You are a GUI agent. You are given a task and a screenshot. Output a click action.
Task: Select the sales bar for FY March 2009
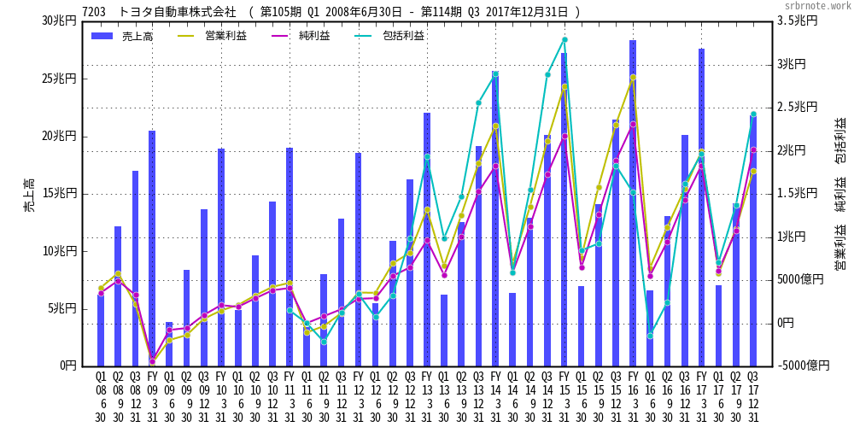pos(152,248)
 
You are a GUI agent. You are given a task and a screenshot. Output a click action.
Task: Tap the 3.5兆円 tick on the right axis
pos(797,20)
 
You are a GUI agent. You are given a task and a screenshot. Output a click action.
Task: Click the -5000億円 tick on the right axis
pos(804,366)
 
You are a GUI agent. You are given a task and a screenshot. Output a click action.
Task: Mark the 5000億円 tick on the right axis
pos(800,279)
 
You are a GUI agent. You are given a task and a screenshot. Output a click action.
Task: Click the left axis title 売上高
pos(29,195)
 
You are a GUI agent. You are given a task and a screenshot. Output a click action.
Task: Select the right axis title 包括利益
pos(840,140)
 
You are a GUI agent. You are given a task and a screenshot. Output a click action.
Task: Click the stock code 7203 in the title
pos(95,12)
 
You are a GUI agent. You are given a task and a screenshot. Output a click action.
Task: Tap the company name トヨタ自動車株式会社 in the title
pos(178,12)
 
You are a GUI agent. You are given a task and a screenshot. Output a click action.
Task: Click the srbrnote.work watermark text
pos(817,5)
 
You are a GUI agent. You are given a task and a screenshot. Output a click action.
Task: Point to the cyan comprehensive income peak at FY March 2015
pos(564,39)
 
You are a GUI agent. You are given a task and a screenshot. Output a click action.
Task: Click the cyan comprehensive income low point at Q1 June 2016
pos(650,336)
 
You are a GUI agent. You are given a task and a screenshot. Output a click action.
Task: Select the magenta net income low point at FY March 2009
pos(152,361)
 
